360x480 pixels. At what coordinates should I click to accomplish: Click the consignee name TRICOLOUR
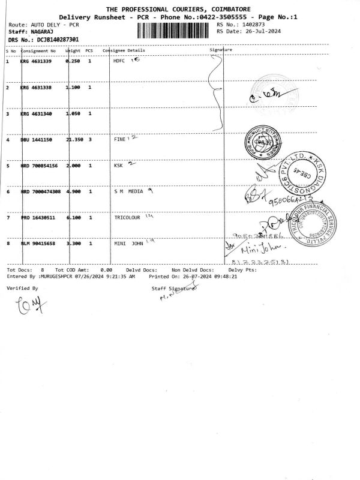(127, 218)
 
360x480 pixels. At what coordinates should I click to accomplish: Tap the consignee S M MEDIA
(128, 192)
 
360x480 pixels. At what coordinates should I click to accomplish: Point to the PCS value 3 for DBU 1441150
(89, 140)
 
